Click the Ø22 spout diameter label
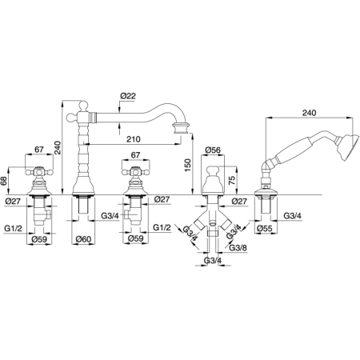[128, 96]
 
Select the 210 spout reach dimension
[134, 139]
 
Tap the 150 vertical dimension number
[188, 165]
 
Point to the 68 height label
[3, 182]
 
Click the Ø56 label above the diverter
[213, 150]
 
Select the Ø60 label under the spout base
[83, 239]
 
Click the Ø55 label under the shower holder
[265, 228]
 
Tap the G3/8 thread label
[238, 247]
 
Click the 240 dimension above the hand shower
[309, 113]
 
